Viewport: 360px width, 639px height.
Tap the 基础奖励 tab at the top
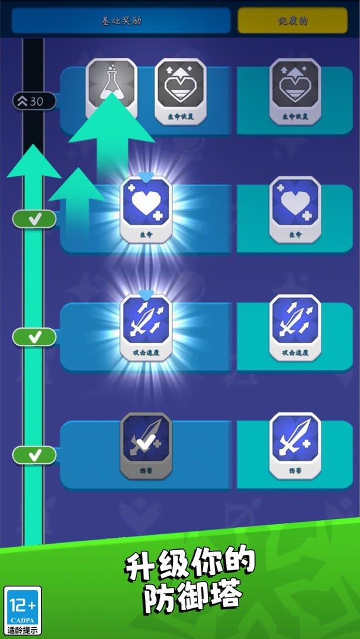[x=121, y=21]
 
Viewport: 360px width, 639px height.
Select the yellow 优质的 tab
[x=292, y=21]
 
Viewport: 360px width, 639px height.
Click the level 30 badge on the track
[x=34, y=101]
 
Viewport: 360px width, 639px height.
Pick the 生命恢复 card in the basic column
[x=180, y=92]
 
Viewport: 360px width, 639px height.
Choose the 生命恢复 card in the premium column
[x=295, y=92]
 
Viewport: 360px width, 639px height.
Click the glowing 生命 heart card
[x=146, y=210]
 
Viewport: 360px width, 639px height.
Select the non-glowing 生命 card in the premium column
[x=295, y=210]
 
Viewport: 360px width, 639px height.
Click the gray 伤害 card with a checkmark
[x=146, y=446]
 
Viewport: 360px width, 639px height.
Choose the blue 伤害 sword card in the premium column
[x=295, y=446]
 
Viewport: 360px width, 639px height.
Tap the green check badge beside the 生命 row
[x=34, y=219]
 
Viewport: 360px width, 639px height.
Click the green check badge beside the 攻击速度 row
[x=34, y=337]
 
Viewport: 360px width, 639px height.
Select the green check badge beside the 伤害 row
[x=34, y=455]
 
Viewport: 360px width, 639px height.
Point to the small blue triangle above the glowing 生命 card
[x=146, y=177]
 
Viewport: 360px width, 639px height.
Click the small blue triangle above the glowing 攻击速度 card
[x=146, y=295]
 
